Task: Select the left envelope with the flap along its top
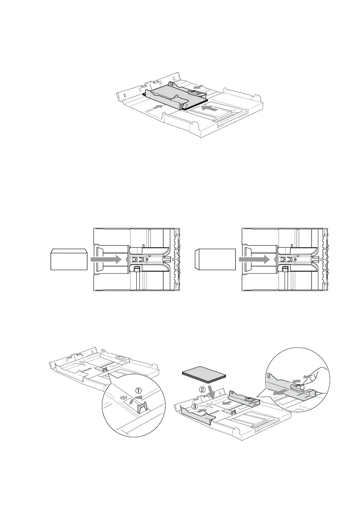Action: [x=69, y=259]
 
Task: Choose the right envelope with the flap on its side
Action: [x=215, y=259]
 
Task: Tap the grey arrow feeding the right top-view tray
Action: [x=255, y=259]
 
